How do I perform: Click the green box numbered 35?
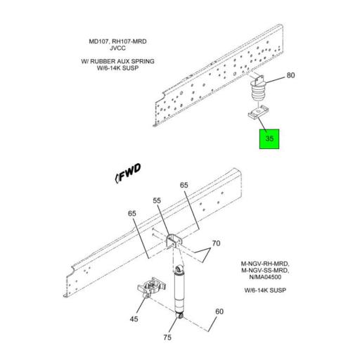(269, 139)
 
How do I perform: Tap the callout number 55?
(158, 201)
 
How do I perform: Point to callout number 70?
(217, 243)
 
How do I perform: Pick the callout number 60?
(219, 311)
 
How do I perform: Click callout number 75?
(168, 337)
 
